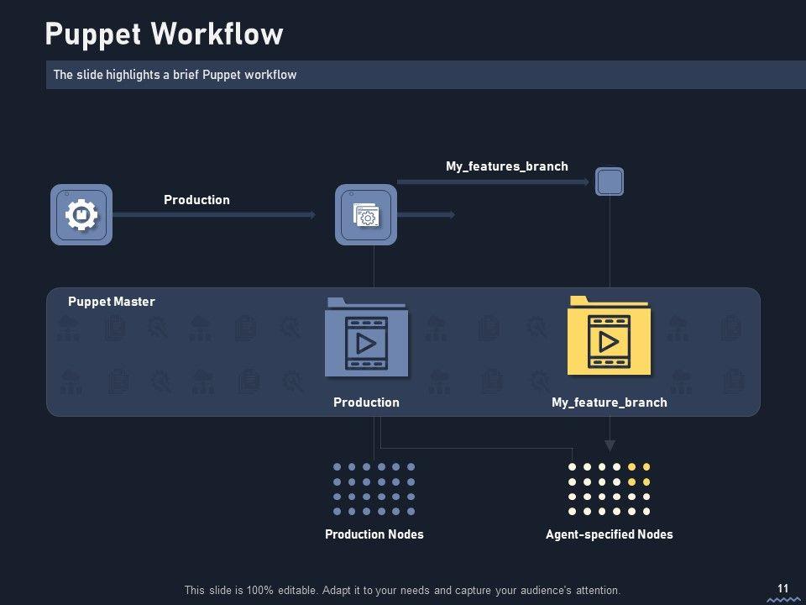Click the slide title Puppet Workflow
point(164,34)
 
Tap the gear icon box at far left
point(81,215)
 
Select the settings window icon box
point(366,215)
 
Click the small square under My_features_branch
point(610,181)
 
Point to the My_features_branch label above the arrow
point(506,166)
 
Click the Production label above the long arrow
point(196,200)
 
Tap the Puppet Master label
point(112,302)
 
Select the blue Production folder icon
point(366,338)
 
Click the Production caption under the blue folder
point(366,402)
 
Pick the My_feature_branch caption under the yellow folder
point(609,402)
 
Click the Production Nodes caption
point(374,534)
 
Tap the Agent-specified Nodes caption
point(609,534)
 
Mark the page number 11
point(783,588)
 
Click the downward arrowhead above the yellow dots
point(610,445)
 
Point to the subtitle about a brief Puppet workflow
point(175,75)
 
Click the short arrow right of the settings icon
point(426,215)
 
